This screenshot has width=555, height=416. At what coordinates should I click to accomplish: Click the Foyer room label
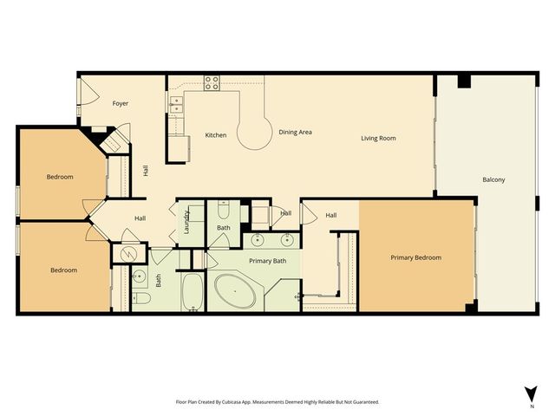pyautogui.click(x=121, y=103)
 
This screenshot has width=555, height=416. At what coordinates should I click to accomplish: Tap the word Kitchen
pyautogui.click(x=216, y=135)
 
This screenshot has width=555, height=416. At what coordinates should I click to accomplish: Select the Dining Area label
pyautogui.click(x=295, y=133)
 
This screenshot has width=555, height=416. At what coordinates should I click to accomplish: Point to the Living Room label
pyautogui.click(x=379, y=138)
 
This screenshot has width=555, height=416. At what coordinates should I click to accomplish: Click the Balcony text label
pyautogui.click(x=493, y=179)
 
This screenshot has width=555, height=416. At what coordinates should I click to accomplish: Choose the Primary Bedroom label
pyautogui.click(x=415, y=257)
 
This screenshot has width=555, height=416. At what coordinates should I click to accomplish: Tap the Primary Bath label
pyautogui.click(x=268, y=260)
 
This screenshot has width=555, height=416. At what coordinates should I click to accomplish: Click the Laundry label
pyautogui.click(x=186, y=223)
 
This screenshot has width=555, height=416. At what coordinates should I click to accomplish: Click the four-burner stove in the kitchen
pyautogui.click(x=212, y=83)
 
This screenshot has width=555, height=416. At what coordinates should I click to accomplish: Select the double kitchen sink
pyautogui.click(x=176, y=106)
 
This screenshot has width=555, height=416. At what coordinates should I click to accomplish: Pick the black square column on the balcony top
pyautogui.click(x=464, y=81)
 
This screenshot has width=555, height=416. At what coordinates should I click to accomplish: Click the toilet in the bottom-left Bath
pyautogui.click(x=140, y=299)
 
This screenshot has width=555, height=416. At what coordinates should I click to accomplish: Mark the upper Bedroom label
pyautogui.click(x=60, y=177)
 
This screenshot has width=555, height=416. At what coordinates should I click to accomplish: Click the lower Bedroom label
pyautogui.click(x=63, y=270)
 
